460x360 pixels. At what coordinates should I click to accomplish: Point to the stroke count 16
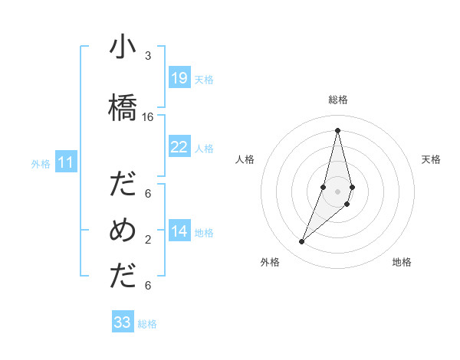148,117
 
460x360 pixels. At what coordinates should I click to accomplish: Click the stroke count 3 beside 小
148,56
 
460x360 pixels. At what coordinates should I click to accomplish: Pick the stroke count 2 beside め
148,240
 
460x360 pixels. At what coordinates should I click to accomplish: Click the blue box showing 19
179,78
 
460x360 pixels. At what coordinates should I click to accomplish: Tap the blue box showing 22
179,147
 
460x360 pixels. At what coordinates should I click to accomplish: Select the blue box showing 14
179,231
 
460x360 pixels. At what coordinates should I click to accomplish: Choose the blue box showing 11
66,162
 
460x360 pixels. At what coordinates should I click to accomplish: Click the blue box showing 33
123,322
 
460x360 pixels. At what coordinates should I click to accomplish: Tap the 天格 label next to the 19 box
204,79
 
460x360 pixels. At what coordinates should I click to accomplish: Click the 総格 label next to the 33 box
147,324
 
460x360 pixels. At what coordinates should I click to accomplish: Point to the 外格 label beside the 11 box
41,163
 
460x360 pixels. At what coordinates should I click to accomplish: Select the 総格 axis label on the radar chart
338,100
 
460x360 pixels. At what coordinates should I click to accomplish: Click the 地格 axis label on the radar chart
402,262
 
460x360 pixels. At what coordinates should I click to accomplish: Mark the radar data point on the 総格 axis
337,129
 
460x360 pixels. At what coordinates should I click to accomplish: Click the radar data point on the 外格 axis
301,242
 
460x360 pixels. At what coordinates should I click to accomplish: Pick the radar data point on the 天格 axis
352,187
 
